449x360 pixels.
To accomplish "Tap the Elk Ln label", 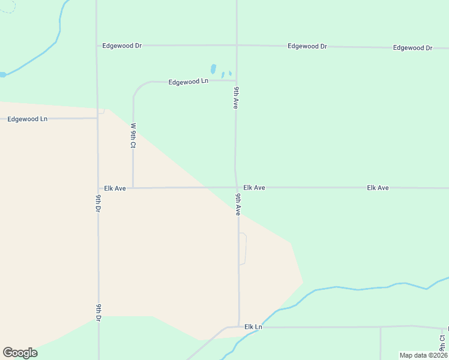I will pos(253,327).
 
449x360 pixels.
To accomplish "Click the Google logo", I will pos(20,353).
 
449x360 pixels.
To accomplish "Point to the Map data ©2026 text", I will pos(423,355).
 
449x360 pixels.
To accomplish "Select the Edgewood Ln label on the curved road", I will pos(188,82).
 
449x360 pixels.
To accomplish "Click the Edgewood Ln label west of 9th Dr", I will pos(27,119).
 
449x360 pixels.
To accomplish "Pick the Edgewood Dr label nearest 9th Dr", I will pos(121,45).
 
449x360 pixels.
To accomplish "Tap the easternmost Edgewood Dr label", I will pos(412,47).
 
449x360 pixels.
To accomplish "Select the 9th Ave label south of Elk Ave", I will pos(238,205).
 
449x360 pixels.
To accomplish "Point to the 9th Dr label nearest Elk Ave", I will pos(98,203).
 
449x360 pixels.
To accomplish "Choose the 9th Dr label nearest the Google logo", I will pos(98,313).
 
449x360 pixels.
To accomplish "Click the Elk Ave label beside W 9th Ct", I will pos(115,188).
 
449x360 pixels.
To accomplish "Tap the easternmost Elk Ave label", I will pos(378,188).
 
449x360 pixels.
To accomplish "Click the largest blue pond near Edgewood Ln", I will pos(213,69).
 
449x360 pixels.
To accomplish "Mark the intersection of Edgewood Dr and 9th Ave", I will pos(237,45).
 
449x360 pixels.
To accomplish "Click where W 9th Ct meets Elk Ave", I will pos(133,188).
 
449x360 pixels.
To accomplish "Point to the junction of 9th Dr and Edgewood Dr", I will pos(97,45).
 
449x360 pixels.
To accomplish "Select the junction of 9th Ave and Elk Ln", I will pos(239,327).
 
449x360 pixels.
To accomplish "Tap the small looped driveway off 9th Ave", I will pos(243,248).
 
